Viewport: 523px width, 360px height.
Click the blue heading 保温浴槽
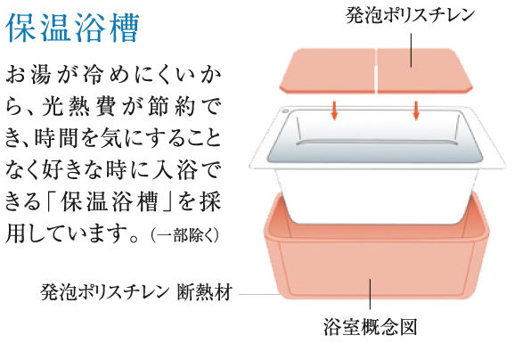tap(72, 28)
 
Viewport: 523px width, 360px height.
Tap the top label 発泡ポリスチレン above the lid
tap(410, 15)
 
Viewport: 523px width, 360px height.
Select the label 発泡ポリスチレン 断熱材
tap(136, 292)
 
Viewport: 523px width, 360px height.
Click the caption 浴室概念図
tap(370, 327)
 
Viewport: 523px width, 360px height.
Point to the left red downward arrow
tap(334, 110)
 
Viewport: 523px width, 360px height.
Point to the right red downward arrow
tap(415, 110)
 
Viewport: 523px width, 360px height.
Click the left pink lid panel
tap(328, 70)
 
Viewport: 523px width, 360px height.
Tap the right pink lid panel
tap(424, 70)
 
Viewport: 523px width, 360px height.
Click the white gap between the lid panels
tap(376, 71)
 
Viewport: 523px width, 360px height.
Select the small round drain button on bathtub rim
tap(285, 110)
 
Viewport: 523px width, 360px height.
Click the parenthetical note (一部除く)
tap(185, 235)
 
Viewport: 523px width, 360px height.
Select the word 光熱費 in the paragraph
tap(78, 107)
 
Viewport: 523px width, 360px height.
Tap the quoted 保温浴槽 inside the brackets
tap(109, 202)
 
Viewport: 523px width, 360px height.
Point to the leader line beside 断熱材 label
tap(259, 295)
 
